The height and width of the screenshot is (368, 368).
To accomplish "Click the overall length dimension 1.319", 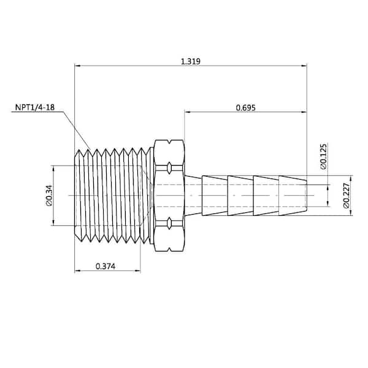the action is point(191,61).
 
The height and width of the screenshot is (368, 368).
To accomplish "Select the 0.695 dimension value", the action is point(245,108).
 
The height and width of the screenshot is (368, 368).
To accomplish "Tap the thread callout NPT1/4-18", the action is point(35,107).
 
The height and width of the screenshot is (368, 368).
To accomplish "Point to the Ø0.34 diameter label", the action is point(49,196).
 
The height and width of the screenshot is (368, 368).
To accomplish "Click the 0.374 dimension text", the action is point(105,266).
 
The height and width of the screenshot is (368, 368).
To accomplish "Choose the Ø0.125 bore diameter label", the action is point(323,156).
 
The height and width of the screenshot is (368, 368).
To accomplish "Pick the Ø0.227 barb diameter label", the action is point(347,195).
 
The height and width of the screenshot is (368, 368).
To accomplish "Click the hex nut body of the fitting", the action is point(169,196).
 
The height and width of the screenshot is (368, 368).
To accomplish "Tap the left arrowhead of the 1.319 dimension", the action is point(77,66).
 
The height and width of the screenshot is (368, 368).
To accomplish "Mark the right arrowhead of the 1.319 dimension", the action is point(304,66).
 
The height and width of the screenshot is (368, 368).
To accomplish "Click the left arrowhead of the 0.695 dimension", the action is point(188,112).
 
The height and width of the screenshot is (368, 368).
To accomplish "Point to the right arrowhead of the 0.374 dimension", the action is point(138,271).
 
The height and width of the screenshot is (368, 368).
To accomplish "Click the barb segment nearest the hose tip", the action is point(293,196).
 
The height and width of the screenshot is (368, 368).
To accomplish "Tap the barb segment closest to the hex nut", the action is point(215,196).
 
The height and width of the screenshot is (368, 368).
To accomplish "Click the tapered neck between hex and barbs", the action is point(193,196).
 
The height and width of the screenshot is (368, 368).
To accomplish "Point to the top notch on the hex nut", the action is point(169,142).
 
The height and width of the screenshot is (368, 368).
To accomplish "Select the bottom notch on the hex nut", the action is point(169,250).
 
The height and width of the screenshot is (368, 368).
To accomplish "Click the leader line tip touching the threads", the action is point(90,149).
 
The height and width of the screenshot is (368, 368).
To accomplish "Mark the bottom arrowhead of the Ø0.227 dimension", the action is point(351,213).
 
